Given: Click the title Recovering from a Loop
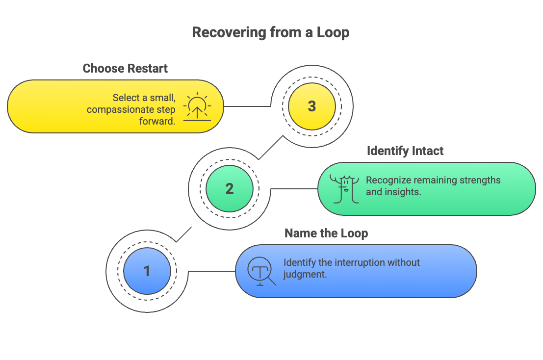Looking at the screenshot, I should [270, 33].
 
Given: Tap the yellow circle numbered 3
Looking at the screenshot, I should [311, 106].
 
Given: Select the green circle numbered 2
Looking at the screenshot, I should [229, 189].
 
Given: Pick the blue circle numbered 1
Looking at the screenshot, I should [147, 271].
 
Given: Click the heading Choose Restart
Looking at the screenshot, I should [125, 68].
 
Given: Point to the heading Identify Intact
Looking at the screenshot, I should [405, 151].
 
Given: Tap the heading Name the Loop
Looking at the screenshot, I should [326, 233].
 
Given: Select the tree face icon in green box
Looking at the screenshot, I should [343, 189].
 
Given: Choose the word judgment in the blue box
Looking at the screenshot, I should [305, 275].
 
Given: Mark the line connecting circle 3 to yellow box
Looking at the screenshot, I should [248, 106].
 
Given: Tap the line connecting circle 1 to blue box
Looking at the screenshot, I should [211, 271].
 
